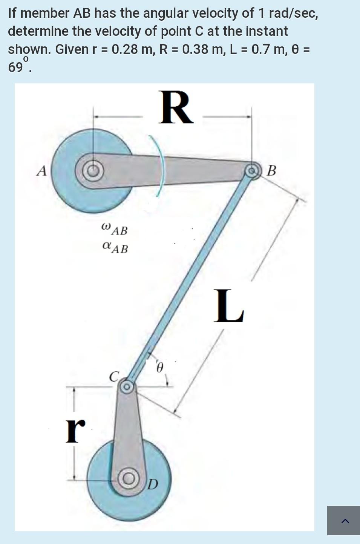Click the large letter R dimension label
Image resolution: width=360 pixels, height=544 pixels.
[x=176, y=108]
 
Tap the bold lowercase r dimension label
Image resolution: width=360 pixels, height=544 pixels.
[x=75, y=431]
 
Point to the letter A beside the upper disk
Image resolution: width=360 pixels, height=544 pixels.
[x=42, y=171]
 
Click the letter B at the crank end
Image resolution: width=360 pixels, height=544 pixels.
[x=271, y=171]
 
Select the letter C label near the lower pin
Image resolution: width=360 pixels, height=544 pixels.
[x=114, y=376]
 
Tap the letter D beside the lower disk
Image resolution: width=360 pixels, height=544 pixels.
[x=152, y=484]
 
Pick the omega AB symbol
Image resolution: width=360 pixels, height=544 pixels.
[x=115, y=229]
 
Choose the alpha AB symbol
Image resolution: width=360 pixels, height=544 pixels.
[x=115, y=248]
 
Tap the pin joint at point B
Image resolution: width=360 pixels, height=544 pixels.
[x=251, y=170]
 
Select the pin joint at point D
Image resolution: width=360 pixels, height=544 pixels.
[x=128, y=478]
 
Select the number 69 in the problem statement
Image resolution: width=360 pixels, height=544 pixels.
[x=15, y=67]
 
